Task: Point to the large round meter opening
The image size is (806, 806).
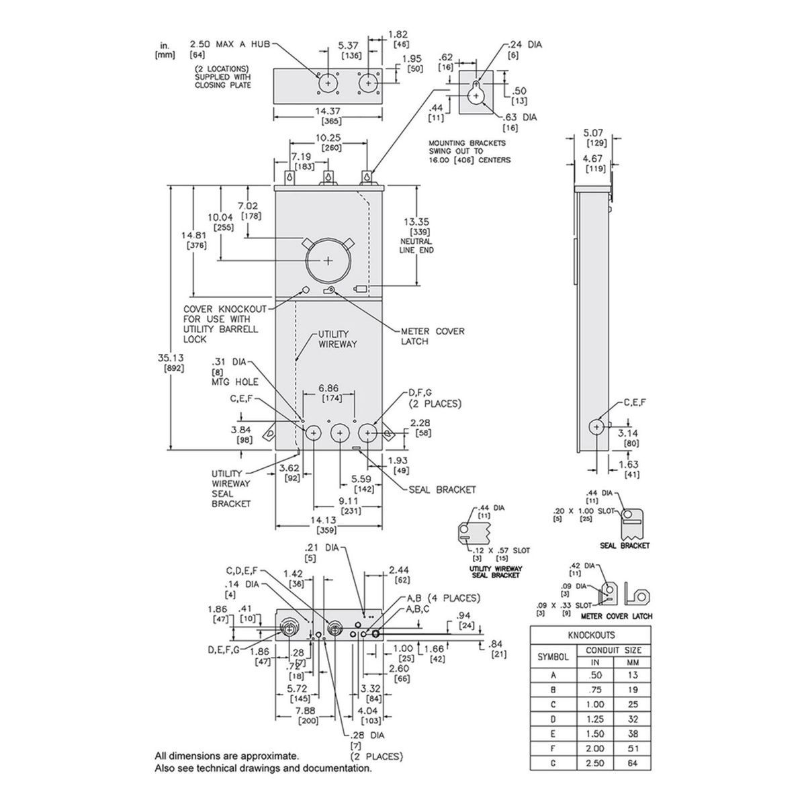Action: click(x=327, y=262)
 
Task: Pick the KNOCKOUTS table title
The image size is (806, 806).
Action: click(x=591, y=635)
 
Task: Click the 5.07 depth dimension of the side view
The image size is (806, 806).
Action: click(x=593, y=133)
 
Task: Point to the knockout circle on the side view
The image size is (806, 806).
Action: click(x=596, y=427)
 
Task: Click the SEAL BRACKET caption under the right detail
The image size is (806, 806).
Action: click(x=625, y=545)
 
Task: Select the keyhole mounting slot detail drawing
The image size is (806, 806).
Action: click(x=476, y=93)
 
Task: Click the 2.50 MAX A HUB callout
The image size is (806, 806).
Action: click(x=230, y=44)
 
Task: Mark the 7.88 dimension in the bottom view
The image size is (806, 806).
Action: click(x=308, y=715)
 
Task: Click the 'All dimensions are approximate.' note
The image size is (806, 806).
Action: click(x=226, y=756)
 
